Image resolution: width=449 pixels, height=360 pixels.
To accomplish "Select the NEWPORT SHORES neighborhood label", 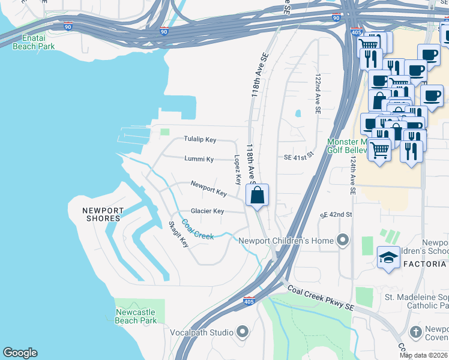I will point(103,215).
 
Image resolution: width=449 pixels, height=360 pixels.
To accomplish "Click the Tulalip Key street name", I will point(200,140).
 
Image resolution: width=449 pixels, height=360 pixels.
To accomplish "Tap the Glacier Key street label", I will point(207,211).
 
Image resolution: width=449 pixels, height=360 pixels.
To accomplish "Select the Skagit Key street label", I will point(178,234).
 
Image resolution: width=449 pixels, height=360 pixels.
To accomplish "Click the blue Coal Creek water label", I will point(197,230).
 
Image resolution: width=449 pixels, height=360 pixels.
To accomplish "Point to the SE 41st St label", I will point(299,157).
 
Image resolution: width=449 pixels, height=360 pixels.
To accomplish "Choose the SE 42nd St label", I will point(336,215).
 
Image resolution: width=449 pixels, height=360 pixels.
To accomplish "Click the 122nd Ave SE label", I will point(316,94).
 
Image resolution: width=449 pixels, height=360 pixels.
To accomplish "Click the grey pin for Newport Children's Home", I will point(343,241).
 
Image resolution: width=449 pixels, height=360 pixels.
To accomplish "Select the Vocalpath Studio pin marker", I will point(243,331).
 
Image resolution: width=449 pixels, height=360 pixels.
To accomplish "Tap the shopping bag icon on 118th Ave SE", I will point(257,196).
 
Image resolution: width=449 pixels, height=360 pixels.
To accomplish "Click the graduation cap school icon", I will point(388,258).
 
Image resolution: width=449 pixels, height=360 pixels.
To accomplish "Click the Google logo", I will point(20,353).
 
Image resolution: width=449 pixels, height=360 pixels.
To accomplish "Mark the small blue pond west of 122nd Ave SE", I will point(298,113).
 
